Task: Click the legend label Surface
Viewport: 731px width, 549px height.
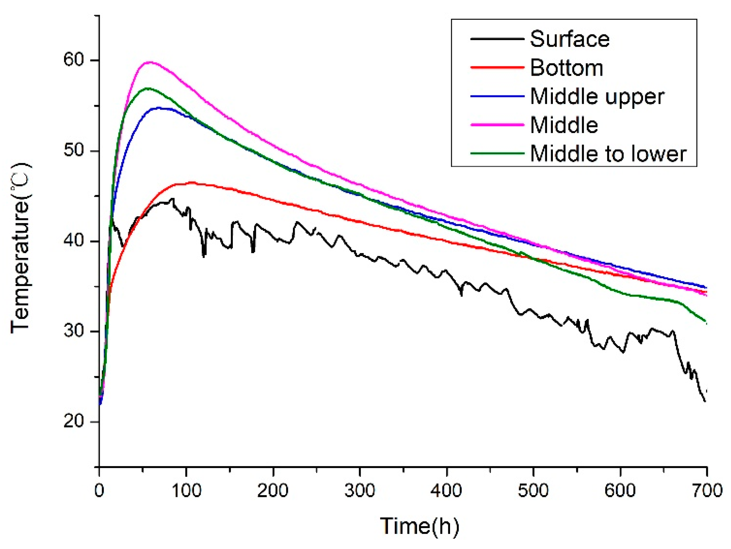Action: click(570, 39)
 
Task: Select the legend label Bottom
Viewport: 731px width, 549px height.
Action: click(567, 68)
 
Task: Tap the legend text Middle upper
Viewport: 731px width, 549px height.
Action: click(597, 97)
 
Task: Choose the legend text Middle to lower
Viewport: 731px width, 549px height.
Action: click(608, 154)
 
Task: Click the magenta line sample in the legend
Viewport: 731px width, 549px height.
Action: click(497, 125)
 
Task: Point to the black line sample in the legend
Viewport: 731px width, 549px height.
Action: click(497, 39)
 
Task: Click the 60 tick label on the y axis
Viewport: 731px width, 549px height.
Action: click(73, 60)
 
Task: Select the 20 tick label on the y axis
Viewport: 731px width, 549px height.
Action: click(73, 421)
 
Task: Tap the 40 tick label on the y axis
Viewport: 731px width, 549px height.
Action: click(73, 241)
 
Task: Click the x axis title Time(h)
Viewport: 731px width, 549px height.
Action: click(420, 526)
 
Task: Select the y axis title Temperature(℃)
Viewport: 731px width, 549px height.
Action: click(21, 248)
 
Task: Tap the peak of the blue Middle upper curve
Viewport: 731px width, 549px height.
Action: click(159, 108)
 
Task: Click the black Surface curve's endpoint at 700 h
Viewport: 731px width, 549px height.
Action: click(705, 401)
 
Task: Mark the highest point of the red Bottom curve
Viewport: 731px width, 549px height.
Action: click(191, 183)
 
